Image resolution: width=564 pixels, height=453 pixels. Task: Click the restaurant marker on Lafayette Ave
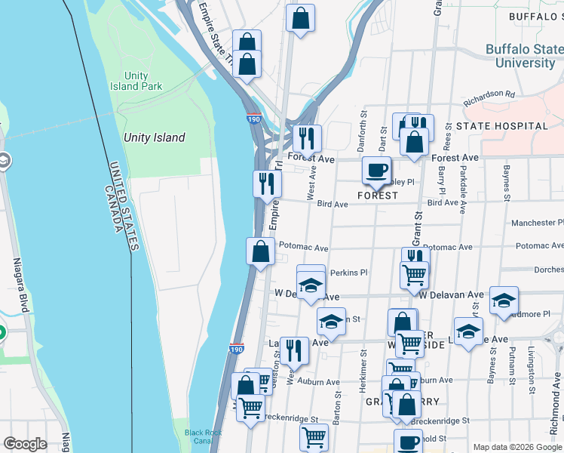point(294,350)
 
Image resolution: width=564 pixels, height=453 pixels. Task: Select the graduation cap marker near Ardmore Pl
point(504,300)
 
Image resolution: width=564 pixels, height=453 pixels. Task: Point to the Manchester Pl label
point(537,223)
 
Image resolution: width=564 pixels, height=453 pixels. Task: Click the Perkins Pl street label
point(348,273)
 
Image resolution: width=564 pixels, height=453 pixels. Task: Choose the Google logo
point(26,444)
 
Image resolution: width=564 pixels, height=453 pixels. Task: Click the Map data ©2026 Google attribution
point(517,447)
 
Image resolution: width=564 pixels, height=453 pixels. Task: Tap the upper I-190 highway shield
point(253,119)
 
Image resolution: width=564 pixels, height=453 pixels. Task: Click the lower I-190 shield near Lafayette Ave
point(236,349)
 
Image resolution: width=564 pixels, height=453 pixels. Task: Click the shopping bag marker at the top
point(300,20)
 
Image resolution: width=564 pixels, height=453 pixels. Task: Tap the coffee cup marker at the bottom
point(409,442)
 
